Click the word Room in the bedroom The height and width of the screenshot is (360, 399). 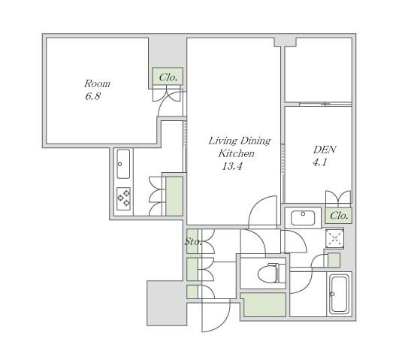[97, 83]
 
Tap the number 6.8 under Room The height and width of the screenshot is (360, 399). [93, 96]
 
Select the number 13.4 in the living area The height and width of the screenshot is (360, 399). [232, 167]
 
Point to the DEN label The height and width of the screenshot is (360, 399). [325, 150]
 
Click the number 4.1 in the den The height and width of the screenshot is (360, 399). [320, 162]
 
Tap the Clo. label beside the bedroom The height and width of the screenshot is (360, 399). [168, 77]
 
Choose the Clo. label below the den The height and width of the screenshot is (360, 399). [339, 216]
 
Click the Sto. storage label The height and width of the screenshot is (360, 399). [193, 241]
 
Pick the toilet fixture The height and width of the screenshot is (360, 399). [271, 273]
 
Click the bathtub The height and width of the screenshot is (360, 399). [339, 295]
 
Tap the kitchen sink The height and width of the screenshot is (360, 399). [123, 164]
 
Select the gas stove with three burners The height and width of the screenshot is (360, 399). [124, 199]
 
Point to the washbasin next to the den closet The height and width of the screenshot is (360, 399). [303, 218]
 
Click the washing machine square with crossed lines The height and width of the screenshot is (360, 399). [334, 238]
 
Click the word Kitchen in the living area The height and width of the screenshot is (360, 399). [237, 153]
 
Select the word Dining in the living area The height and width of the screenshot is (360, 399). [255, 141]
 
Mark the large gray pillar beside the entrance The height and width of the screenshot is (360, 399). [167, 303]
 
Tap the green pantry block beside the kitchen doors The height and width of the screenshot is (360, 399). [174, 196]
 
